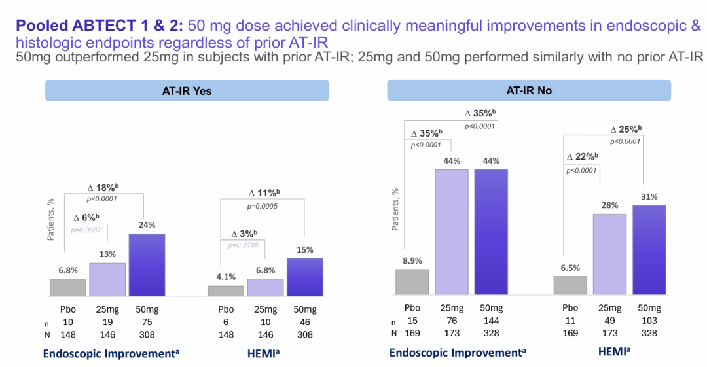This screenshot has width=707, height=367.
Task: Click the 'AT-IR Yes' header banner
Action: click(187, 91)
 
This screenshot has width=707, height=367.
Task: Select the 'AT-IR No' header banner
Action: click(529, 91)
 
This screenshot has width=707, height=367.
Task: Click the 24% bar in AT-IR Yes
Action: click(147, 264)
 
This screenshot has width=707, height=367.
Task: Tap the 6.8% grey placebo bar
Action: click(68, 287)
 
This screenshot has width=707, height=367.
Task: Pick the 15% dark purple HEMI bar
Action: click(305, 277)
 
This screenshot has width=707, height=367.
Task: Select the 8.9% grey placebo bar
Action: click(412, 282)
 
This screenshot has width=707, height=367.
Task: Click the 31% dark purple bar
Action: click(649, 250)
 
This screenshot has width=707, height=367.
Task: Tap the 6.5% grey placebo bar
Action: click(570, 285)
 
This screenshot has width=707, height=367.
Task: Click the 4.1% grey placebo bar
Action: click(225, 290)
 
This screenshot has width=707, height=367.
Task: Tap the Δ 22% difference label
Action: click(581, 156)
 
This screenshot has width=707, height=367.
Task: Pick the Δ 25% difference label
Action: click(626, 129)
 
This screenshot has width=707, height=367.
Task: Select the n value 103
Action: click(649, 321)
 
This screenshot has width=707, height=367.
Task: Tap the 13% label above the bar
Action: click(108, 254)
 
